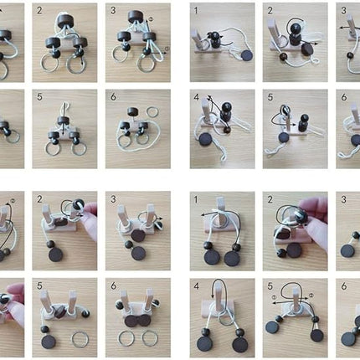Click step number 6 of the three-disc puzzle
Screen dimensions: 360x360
coord(113,97)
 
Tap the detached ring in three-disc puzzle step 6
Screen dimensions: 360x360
coord(152,112)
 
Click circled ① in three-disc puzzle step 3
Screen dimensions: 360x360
coord(167,49)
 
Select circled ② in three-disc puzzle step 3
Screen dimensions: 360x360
coord(151,19)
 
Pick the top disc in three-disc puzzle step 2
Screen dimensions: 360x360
coord(66,22)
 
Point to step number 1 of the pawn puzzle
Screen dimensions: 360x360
coord(196,11)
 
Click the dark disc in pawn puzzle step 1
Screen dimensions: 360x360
coord(246,55)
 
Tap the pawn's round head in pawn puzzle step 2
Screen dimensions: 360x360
coord(295,28)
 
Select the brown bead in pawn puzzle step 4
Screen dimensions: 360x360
coord(228,129)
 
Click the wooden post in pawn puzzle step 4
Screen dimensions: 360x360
coord(205,112)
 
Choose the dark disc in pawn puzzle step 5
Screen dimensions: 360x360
coord(283,138)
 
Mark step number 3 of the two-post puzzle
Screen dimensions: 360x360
coord(113,199)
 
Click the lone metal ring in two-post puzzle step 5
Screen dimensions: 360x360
coord(80,339)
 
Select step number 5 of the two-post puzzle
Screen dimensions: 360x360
coord(39,285)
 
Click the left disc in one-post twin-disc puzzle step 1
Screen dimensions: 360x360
coord(212,258)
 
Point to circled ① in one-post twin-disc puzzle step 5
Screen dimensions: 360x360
coord(275,297)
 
